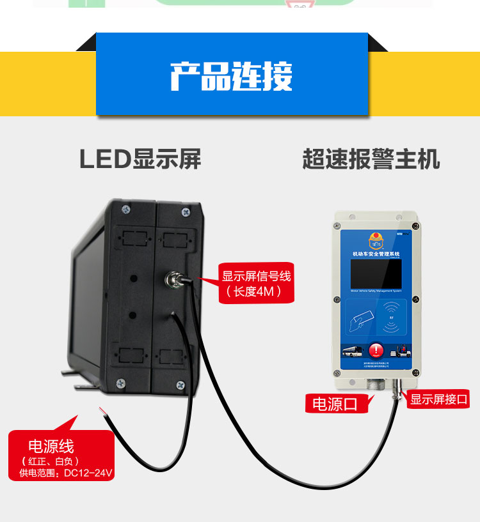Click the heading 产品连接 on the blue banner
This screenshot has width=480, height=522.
coord(231,76)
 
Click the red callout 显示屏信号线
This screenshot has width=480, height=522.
coord(256,277)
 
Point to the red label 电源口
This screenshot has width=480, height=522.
coord(333,404)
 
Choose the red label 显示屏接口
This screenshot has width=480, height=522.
coord(439,400)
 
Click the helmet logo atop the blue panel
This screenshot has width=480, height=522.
coord(376,241)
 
